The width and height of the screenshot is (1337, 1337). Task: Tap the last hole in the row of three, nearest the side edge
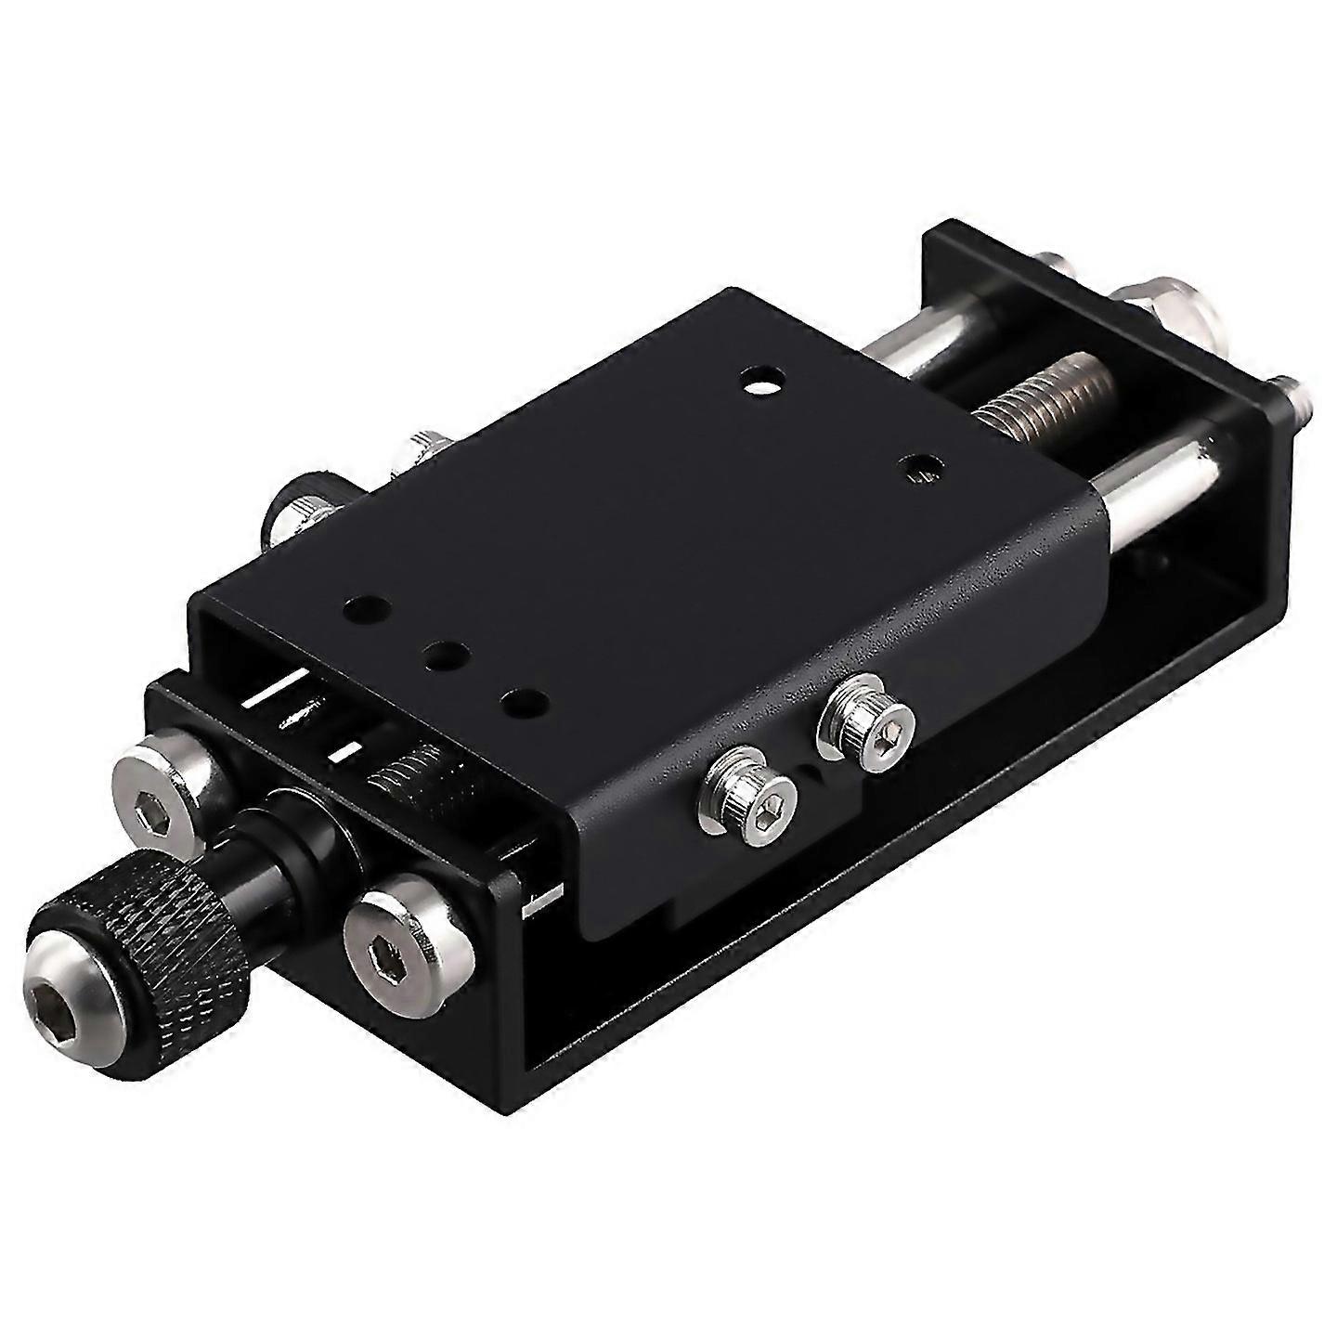point(519,698)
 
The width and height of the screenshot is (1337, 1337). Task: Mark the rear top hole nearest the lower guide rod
point(918,467)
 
